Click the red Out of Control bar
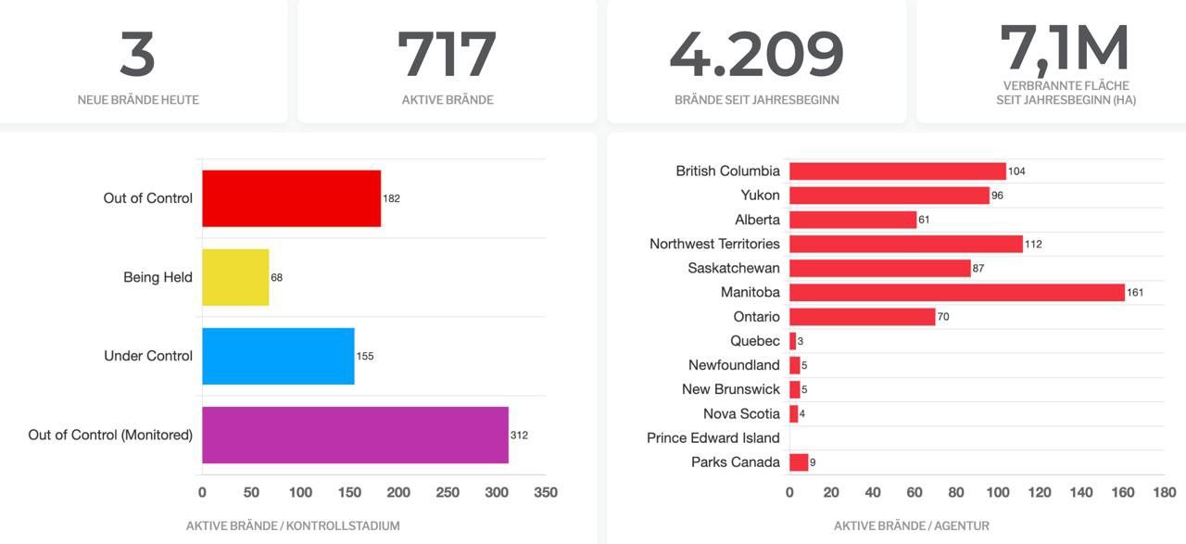coord(291,198)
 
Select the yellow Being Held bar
coord(235,277)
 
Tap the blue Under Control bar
coord(278,356)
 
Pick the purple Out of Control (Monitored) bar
coord(355,435)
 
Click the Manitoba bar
coord(956,292)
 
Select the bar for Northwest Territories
coord(905,244)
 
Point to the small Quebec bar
coord(792,341)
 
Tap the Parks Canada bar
coord(799,462)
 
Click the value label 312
coord(519,435)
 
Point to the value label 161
coord(1135,293)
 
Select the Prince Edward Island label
coord(713,437)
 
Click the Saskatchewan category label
coord(734,268)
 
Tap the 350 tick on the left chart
coord(546,492)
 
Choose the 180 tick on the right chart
coord(1165,492)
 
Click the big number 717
coord(447,56)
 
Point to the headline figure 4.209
coord(756,56)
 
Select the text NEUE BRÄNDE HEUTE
coord(138,99)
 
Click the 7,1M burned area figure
coord(1066,48)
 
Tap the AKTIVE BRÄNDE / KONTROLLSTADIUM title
coord(293,525)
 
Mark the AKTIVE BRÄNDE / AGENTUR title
coord(911,525)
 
